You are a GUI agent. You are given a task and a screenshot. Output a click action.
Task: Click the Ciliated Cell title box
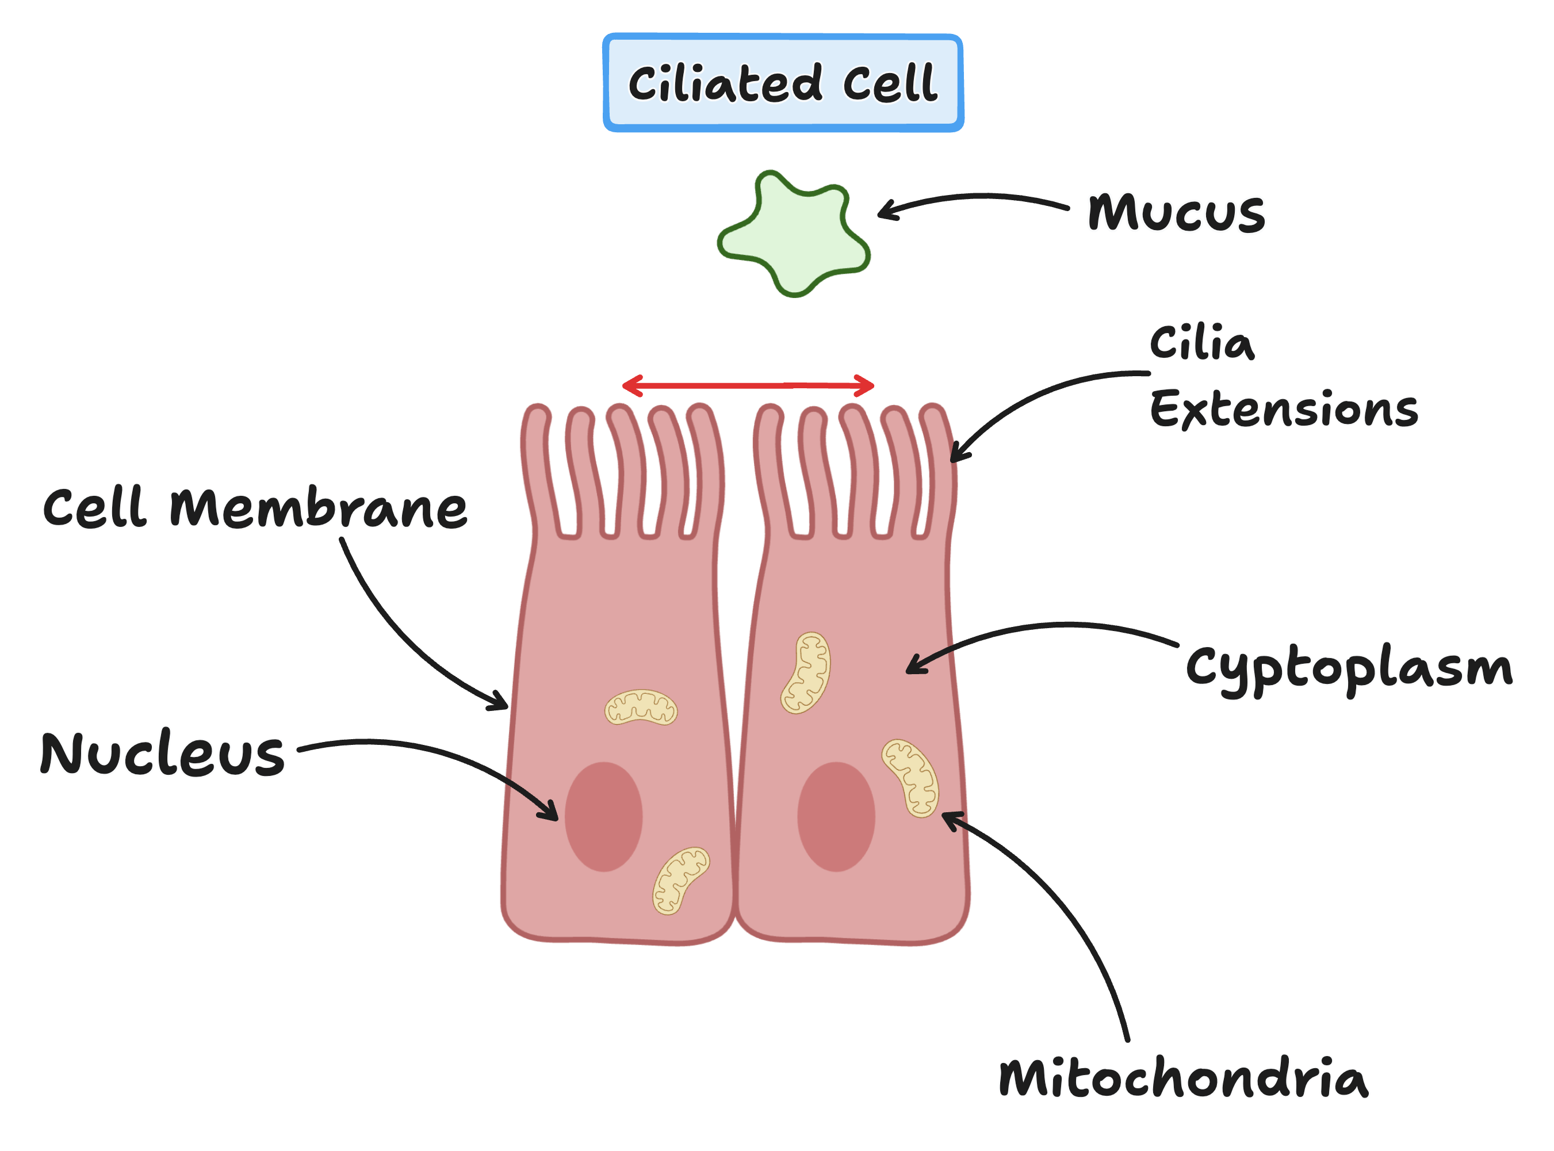(x=783, y=83)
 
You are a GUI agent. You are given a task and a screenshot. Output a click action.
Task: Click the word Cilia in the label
(x=1201, y=343)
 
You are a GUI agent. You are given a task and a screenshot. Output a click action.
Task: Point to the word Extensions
(x=1283, y=409)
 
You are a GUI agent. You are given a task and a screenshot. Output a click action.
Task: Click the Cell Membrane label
(x=254, y=507)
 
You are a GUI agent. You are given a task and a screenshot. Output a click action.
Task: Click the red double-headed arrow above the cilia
(x=748, y=385)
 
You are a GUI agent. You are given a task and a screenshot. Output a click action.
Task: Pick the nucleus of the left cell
(x=603, y=817)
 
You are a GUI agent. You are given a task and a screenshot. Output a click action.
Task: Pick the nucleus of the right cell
(x=836, y=817)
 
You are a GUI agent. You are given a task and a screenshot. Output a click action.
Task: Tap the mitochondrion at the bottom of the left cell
(x=680, y=881)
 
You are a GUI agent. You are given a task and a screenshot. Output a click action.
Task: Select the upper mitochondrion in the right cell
(x=806, y=673)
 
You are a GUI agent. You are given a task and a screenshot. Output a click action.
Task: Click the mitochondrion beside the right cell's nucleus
(x=910, y=778)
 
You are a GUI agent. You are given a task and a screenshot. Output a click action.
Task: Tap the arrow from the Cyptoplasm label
(x=1045, y=628)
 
